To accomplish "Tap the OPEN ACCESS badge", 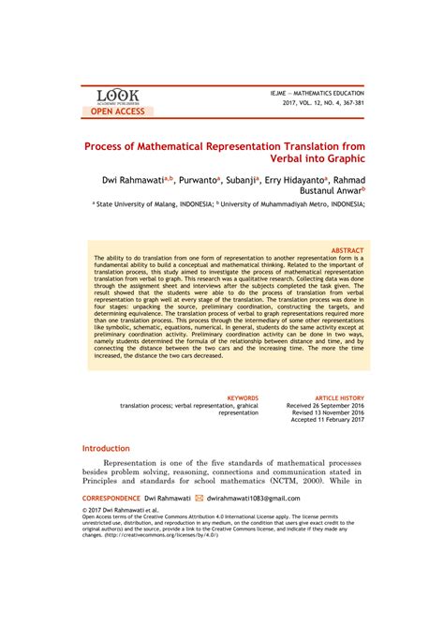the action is click(117, 112).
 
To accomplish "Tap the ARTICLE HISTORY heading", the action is click(338, 397).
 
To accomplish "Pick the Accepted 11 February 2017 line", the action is click(328, 420).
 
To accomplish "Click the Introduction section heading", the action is click(106, 449).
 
